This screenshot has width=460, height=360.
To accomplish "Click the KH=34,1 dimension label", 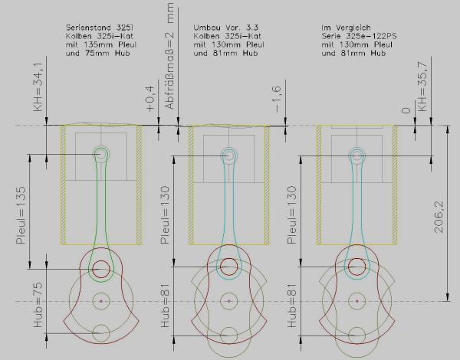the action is pos(39,87).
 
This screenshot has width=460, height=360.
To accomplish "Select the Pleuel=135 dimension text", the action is pos(21,215).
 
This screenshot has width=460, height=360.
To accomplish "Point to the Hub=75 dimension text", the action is pos(38,305).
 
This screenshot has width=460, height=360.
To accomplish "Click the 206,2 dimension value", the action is pos(439,218).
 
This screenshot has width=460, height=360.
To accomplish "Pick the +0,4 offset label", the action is pos(149,99).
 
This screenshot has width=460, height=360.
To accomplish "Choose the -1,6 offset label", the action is pos(277,100).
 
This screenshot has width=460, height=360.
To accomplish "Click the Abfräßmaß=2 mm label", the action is pos(169,56).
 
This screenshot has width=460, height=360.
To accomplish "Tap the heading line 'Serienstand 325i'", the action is pos(100,28).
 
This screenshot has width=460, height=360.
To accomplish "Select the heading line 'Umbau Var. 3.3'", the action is pos(225,28).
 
